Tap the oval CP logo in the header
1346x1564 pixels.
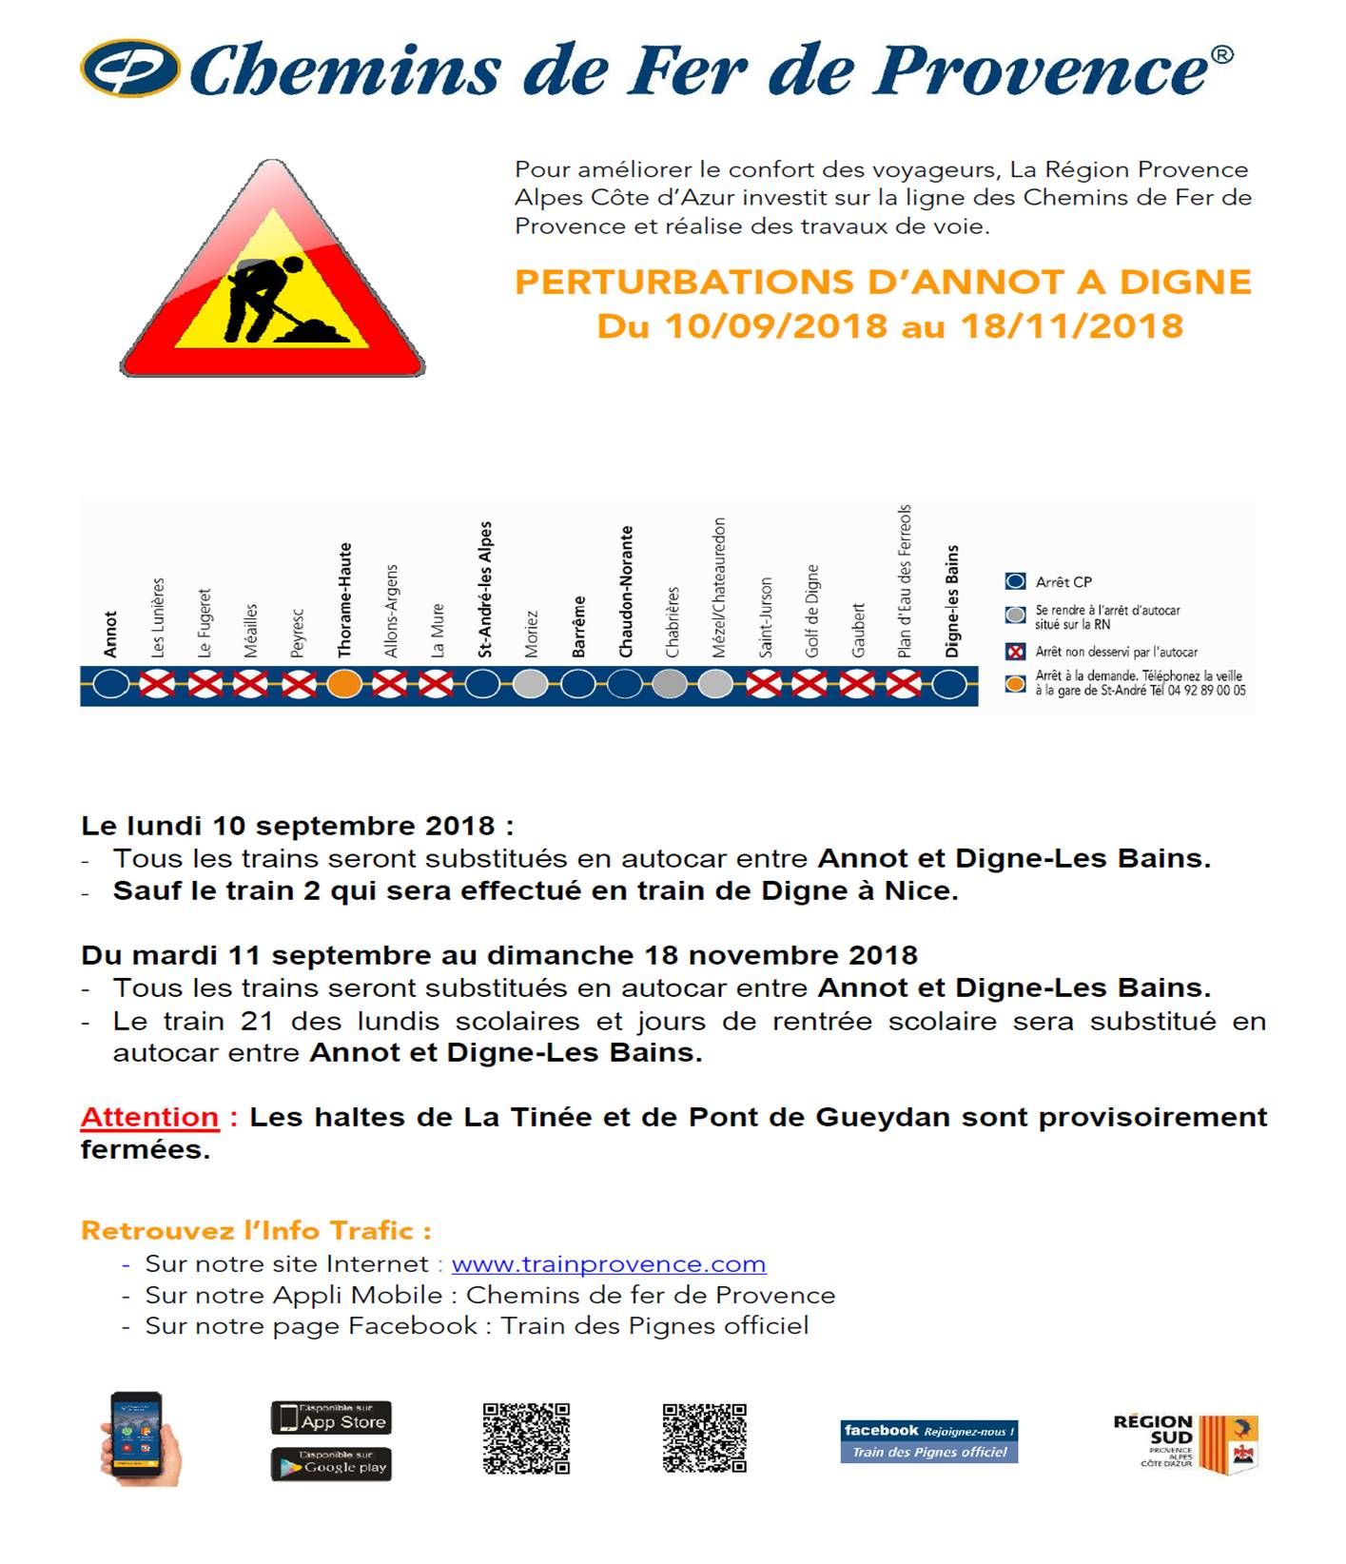coord(130,68)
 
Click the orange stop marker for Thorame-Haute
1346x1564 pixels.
coord(344,684)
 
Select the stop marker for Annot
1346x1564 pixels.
coord(111,684)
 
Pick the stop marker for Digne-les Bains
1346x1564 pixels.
coord(948,684)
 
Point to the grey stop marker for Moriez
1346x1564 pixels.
coord(531,684)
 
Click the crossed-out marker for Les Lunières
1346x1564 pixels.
coord(158,684)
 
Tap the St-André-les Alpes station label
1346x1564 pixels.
coord(485,590)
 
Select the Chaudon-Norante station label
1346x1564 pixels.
coord(626,592)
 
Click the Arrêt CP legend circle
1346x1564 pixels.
coord(1016,581)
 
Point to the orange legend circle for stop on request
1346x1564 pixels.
coord(1016,683)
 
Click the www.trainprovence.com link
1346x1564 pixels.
coord(608,1264)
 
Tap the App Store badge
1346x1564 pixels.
coord(331,1418)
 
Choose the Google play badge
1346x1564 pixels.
coord(331,1465)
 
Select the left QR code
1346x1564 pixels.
coord(526,1438)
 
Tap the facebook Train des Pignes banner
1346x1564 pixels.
coord(928,1441)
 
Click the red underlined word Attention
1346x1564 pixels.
coord(149,1117)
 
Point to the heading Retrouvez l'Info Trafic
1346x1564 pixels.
coord(256,1231)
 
